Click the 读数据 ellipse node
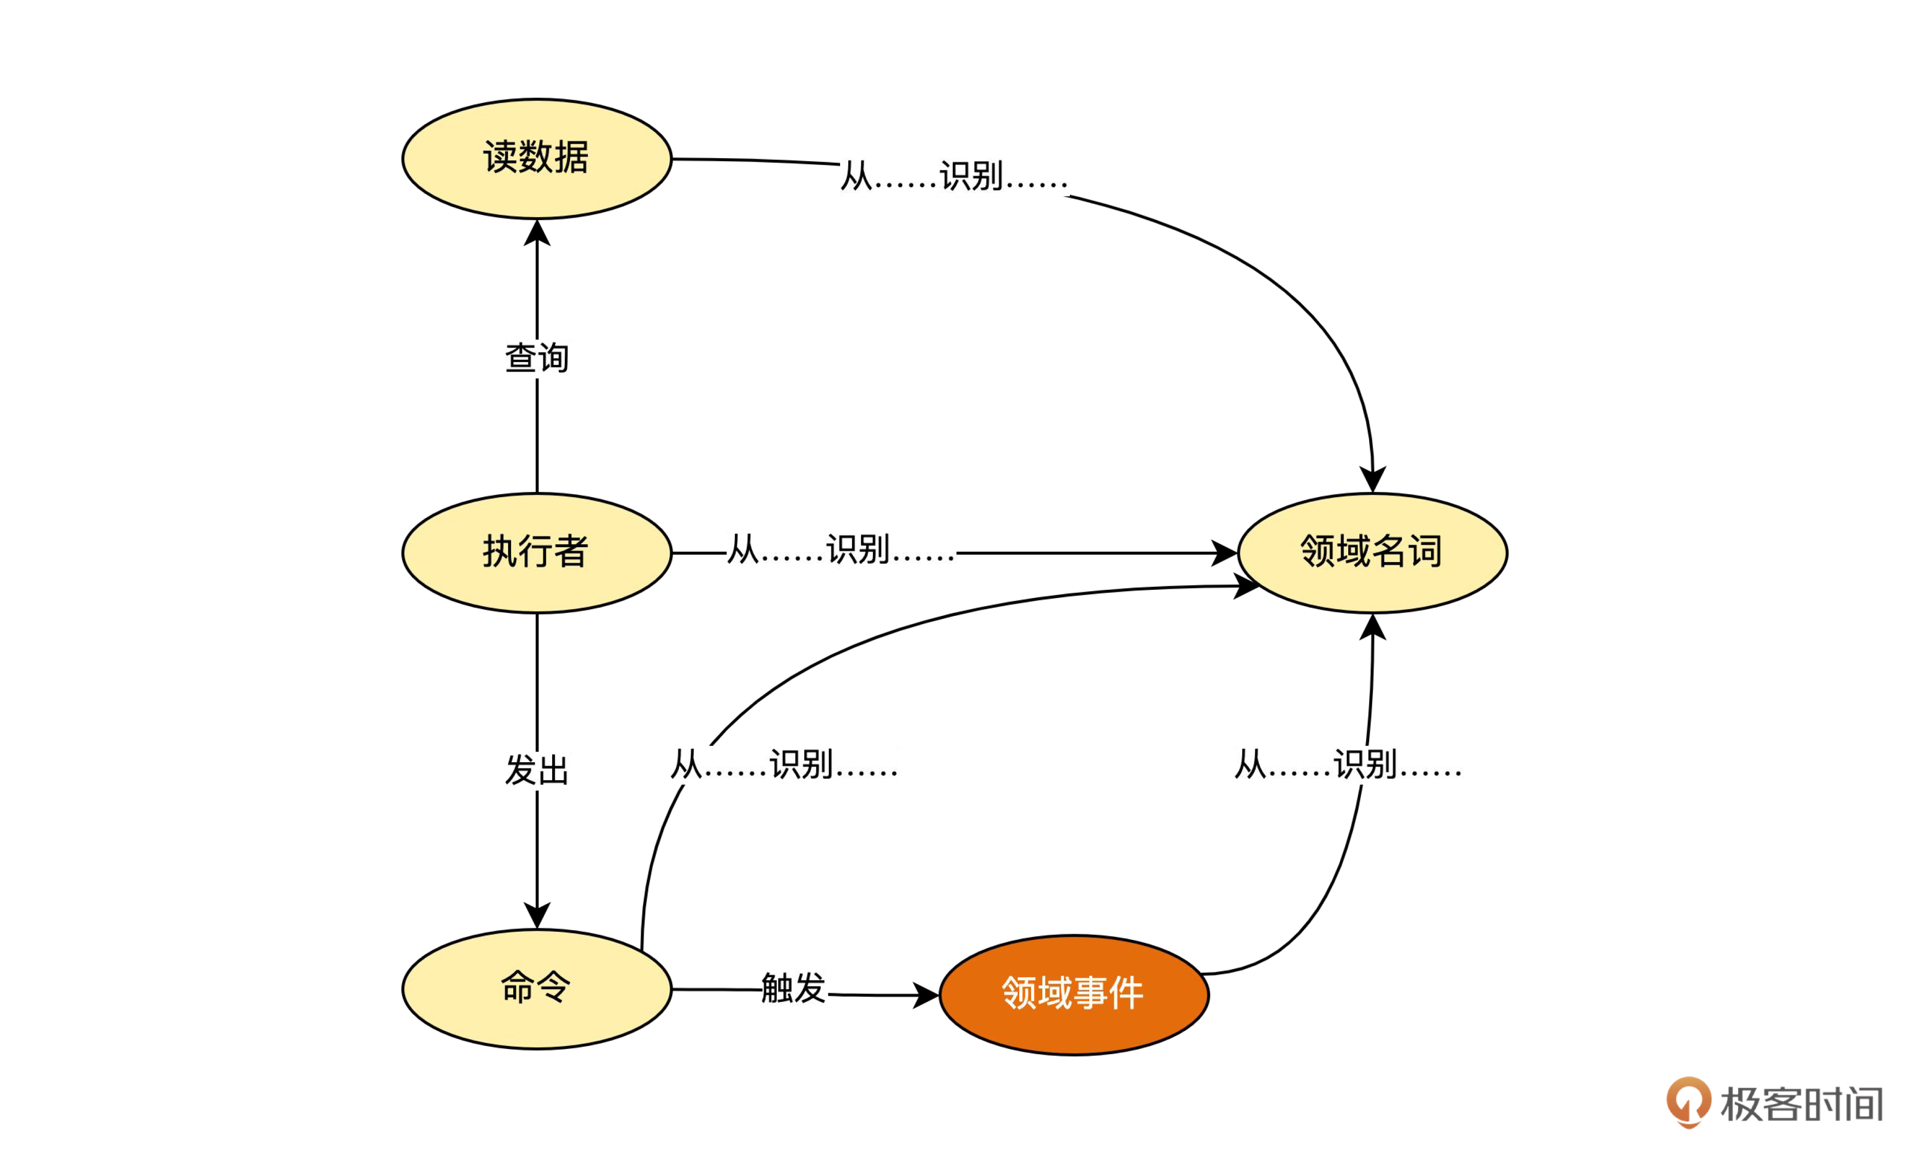[536, 159]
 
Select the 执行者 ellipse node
[536, 553]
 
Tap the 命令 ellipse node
[536, 989]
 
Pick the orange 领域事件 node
[1073, 995]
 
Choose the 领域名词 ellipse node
[1372, 553]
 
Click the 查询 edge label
[536, 358]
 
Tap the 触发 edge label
[793, 989]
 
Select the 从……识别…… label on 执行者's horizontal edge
[841, 550]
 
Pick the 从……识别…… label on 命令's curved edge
[784, 765]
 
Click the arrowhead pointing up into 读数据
[536, 232]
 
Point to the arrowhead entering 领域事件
[926, 995]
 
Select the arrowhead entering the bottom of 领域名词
[1372, 627]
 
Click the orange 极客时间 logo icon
[1688, 1102]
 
